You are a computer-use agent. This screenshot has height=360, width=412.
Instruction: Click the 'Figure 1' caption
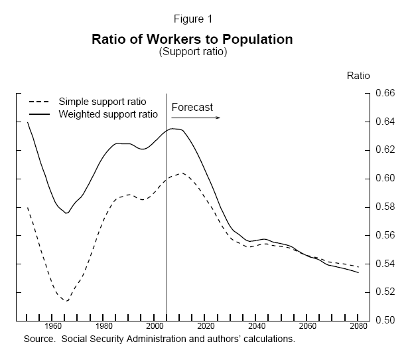[192, 19]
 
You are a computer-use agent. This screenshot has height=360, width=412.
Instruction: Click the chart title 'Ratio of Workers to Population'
[192, 39]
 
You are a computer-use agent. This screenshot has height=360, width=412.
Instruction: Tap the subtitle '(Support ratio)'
[193, 52]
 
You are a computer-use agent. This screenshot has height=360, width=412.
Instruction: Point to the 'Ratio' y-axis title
[358, 75]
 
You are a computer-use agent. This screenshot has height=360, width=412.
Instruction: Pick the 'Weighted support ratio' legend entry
[108, 114]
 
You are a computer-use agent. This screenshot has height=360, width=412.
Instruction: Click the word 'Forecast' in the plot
[192, 107]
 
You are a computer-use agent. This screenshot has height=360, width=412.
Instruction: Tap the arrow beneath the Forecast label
[195, 118]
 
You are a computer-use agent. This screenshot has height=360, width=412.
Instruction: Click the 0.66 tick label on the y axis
[385, 94]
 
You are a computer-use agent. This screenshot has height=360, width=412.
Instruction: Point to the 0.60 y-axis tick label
[385, 179]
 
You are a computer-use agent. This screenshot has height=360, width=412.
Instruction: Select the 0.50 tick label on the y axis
[385, 321]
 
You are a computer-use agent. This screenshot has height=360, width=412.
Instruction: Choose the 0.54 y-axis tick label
[385, 264]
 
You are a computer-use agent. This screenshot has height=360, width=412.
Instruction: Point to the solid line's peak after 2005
[174, 128]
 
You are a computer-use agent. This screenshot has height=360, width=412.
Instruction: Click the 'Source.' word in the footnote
[38, 339]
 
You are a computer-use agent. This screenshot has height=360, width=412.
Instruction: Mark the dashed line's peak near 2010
[180, 173]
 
